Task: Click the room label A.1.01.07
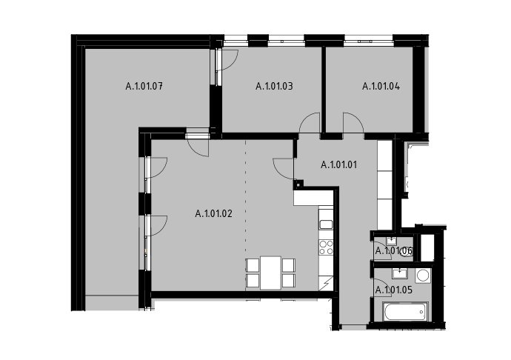(x=144, y=87)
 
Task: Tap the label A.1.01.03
(x=275, y=86)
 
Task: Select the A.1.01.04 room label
(x=381, y=86)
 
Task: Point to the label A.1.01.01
(x=339, y=164)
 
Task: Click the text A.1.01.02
(x=214, y=213)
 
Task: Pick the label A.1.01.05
(x=394, y=290)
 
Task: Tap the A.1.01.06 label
(x=394, y=251)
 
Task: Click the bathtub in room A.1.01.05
(x=405, y=311)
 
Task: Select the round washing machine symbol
(x=423, y=276)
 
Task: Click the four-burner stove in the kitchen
(x=326, y=247)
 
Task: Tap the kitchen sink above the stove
(x=326, y=224)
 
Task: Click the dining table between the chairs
(x=270, y=273)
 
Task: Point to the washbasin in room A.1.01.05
(x=400, y=273)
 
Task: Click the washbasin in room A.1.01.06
(x=391, y=241)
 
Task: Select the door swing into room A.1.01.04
(x=353, y=123)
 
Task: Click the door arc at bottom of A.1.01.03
(x=310, y=123)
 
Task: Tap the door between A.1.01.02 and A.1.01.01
(x=284, y=168)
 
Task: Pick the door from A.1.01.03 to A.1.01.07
(x=227, y=60)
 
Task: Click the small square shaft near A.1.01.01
(x=298, y=184)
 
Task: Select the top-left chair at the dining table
(x=253, y=264)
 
